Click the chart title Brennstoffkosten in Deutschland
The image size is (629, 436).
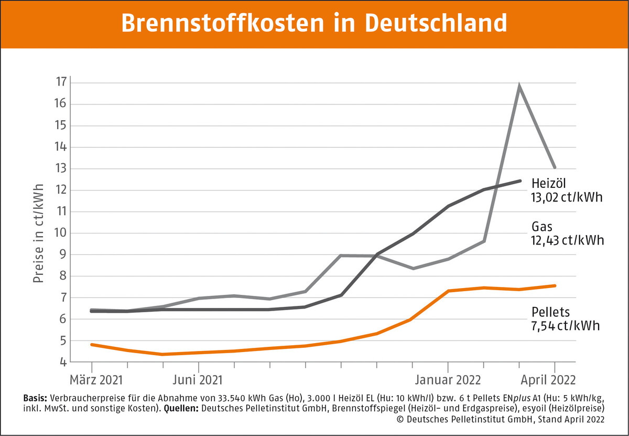[314, 24]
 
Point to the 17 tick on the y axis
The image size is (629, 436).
[61, 82]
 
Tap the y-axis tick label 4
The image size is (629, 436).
[62, 362]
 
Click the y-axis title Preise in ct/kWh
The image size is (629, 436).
[38, 233]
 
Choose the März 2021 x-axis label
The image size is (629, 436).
[92, 379]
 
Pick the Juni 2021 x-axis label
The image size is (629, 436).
[199, 379]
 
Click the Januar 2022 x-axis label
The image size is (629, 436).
[448, 379]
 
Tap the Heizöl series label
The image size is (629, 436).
[548, 185]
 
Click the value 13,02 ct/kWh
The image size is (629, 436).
[566, 198]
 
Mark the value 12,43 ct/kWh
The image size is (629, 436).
[566, 240]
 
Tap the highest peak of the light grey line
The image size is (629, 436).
[519, 87]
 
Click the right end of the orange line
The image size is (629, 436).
[555, 286]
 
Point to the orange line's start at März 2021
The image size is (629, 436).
[92, 344]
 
